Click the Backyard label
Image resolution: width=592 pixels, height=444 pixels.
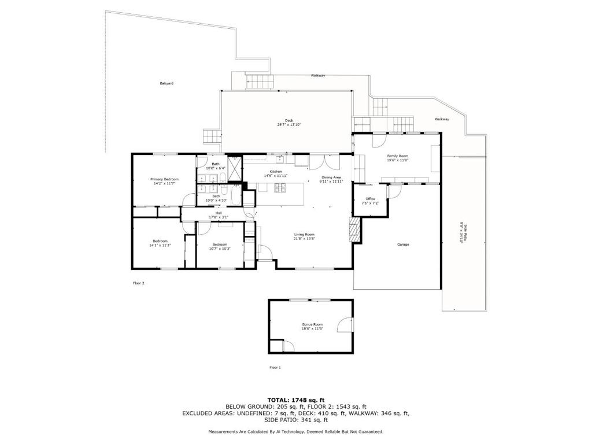click(x=166, y=83)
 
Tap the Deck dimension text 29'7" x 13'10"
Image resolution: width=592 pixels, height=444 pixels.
click(x=289, y=125)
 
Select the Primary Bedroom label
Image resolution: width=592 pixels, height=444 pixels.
click(x=165, y=179)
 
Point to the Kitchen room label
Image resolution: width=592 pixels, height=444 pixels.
click(x=276, y=172)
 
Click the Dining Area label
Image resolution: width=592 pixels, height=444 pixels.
click(x=331, y=177)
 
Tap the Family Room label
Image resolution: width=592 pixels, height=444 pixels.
click(x=398, y=156)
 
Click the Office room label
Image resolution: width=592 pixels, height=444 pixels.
click(x=370, y=199)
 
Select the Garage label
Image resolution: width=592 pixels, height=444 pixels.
click(x=403, y=245)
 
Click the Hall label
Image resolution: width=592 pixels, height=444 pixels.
click(x=219, y=213)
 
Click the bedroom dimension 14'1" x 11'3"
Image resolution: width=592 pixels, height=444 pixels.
click(x=160, y=245)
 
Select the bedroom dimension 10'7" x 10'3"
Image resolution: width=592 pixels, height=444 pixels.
click(x=220, y=249)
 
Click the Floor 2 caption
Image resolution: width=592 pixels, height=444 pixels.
click(x=138, y=283)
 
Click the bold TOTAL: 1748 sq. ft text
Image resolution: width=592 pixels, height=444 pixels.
click(x=296, y=400)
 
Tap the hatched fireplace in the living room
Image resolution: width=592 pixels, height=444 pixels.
click(x=355, y=231)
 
